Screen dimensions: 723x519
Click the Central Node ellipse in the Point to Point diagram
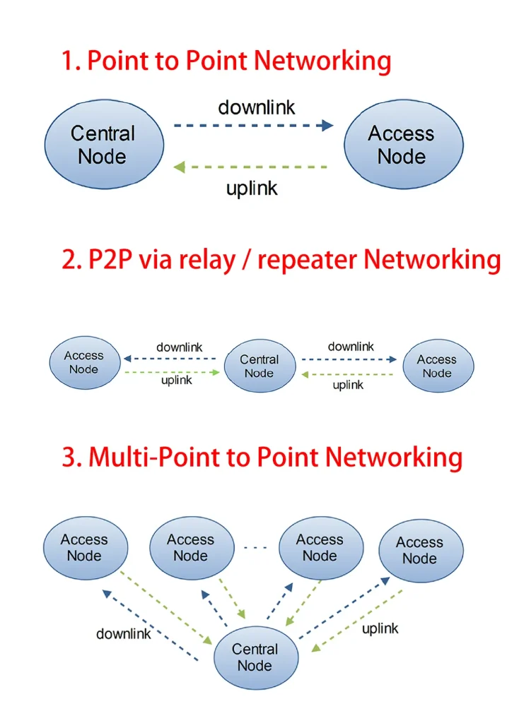[104, 145]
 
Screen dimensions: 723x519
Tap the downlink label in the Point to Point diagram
[256, 107]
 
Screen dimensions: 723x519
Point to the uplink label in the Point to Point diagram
[252, 189]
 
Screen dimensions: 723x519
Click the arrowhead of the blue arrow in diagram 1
[327, 126]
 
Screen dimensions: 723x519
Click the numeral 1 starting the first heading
[68, 61]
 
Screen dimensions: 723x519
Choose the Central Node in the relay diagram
[259, 366]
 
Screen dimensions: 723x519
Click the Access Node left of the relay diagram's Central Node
[84, 363]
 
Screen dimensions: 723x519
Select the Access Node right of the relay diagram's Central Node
[438, 366]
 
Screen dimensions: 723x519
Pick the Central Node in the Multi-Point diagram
[255, 657]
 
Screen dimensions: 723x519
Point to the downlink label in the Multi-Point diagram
[124, 634]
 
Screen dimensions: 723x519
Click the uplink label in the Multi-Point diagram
[380, 628]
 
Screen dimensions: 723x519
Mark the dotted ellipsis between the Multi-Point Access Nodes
[255, 547]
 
